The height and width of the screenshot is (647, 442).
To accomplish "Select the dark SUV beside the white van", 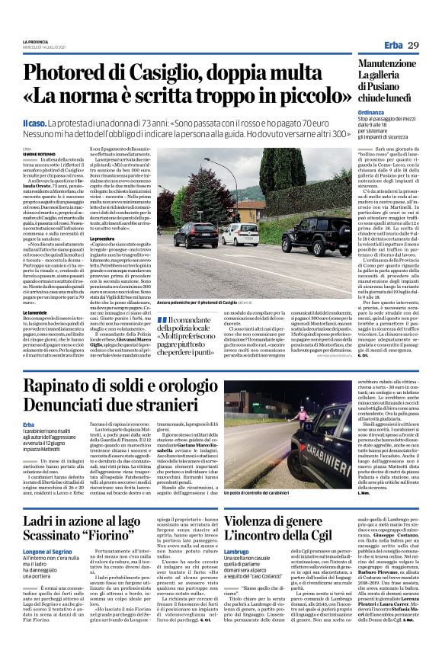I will pyautogui.click(x=197, y=234).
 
